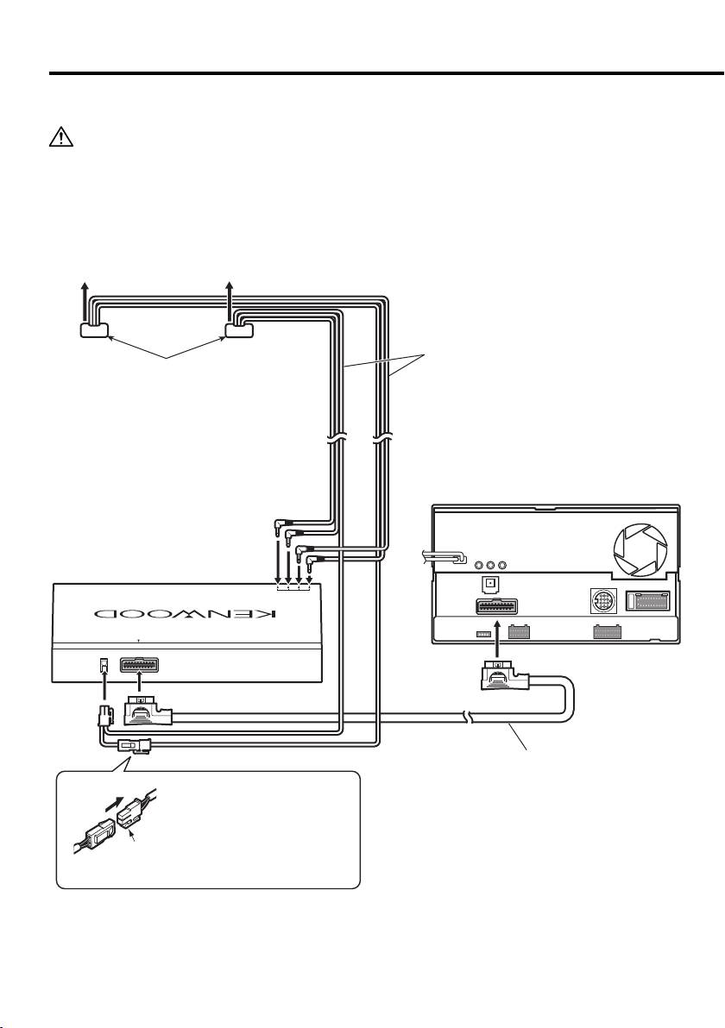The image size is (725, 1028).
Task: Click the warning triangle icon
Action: (60, 137)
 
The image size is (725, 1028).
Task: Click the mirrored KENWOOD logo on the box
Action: (185, 614)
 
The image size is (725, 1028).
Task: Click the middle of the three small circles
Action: (490, 565)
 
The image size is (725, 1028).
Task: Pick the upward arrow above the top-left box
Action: (84, 302)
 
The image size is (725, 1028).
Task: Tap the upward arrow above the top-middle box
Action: (230, 302)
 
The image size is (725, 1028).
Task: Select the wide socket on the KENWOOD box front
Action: (142, 666)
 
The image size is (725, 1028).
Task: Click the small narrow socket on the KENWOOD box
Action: (103, 665)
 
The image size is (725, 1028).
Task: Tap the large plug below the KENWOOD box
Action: (148, 711)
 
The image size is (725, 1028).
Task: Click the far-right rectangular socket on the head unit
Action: (650, 601)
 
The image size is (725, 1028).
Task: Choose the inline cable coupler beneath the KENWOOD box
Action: (135, 745)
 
